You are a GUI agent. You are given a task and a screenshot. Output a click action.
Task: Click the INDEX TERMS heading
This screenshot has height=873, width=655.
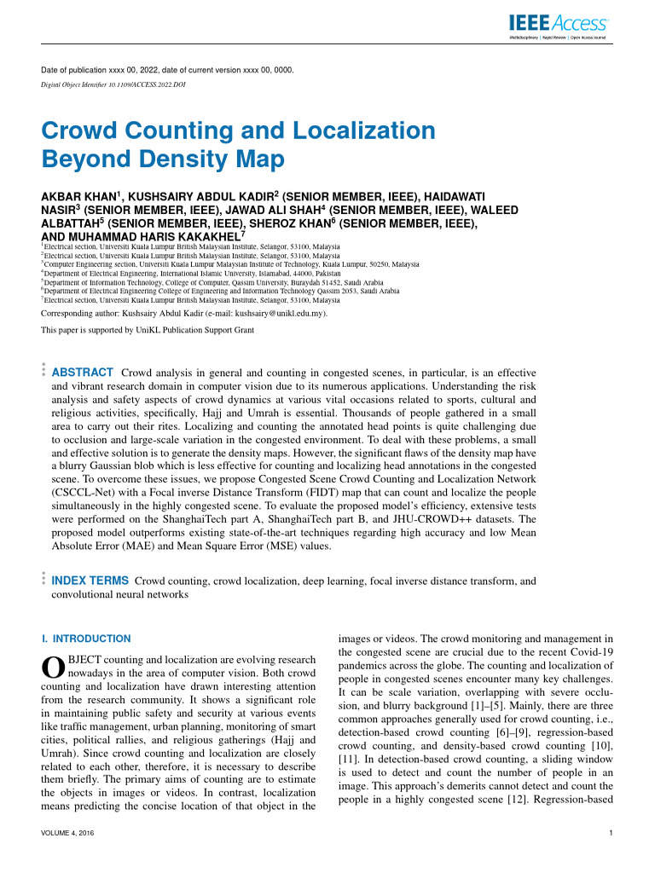90,581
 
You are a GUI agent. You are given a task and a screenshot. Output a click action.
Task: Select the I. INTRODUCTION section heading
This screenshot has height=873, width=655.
86,639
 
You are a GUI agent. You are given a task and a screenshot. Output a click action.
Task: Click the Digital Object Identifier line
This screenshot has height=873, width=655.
113,85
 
